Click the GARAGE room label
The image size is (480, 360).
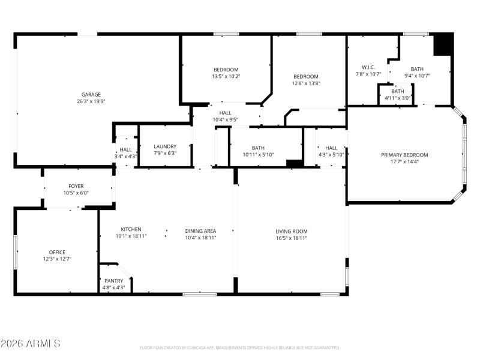coord(91,94)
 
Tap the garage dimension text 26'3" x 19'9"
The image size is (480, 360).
coord(91,101)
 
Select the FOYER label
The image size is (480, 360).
coord(76,186)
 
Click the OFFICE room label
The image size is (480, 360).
coord(57,252)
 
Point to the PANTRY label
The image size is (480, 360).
coord(113,281)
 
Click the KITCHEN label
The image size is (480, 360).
coord(131,230)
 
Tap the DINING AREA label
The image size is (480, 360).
coord(200,230)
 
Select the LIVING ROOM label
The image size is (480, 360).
coord(291,231)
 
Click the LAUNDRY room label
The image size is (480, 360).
coord(165,146)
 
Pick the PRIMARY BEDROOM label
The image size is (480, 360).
coord(404,155)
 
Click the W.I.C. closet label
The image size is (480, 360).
coord(368,67)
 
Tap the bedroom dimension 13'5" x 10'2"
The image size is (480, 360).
coord(226,76)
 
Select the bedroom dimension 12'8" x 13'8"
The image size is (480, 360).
coord(305,83)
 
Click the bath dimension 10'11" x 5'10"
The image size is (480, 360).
coord(258,155)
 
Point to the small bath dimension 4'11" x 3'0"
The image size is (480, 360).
coord(397,98)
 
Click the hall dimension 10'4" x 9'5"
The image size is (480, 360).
coord(225,119)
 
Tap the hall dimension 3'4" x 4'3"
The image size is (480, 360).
coord(125,156)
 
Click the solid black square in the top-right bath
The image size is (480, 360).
coord(443,44)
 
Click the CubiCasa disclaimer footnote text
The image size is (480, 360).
coord(240,347)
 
